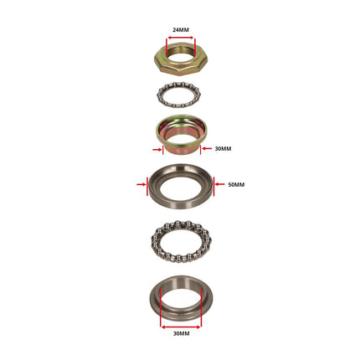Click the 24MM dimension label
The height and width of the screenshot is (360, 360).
tap(181, 30)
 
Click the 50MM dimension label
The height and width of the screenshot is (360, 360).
tap(236, 185)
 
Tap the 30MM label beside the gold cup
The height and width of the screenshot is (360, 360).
tap(223, 149)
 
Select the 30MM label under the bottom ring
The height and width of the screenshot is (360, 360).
tap(182, 333)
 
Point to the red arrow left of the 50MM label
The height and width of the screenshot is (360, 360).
tap(219, 184)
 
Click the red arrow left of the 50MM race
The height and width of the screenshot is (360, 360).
tap(141, 184)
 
